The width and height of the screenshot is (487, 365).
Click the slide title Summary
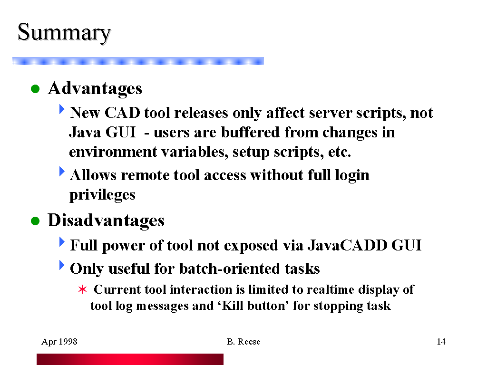point(64,33)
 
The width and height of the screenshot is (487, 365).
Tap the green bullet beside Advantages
point(35,89)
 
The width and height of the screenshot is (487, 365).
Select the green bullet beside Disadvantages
point(35,221)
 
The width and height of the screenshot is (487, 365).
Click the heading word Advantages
point(95,89)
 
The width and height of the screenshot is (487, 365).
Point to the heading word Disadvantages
point(106,221)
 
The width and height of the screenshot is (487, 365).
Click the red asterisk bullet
point(83,289)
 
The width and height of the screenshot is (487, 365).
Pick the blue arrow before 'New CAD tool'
point(62,109)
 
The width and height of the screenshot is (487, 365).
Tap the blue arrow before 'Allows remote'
point(62,171)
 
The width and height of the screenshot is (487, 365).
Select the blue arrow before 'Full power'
point(62,242)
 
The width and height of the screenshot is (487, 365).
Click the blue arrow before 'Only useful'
point(62,265)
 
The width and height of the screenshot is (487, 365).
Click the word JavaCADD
point(348,245)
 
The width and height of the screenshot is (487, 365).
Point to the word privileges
point(102,195)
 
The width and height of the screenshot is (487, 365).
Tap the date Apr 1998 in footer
point(59,342)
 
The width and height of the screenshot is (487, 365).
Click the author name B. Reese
point(243,342)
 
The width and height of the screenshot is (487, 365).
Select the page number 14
point(441,342)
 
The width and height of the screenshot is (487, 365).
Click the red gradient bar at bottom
point(130,359)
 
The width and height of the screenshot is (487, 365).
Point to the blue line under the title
point(138,61)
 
